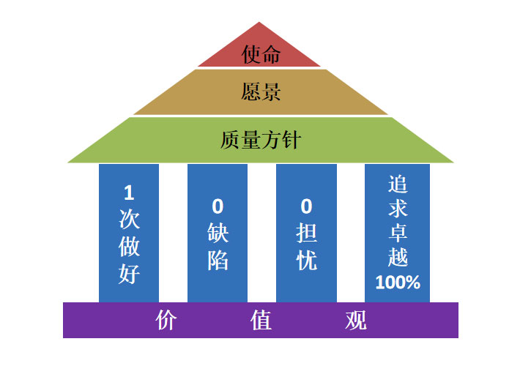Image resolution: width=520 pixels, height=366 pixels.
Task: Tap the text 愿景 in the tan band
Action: click(261, 91)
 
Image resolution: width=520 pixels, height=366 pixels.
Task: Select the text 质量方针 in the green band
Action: click(260, 139)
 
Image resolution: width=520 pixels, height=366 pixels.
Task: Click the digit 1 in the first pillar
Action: click(129, 193)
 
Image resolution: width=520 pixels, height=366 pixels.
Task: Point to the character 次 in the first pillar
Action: click(129, 220)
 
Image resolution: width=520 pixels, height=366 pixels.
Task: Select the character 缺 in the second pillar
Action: click(218, 234)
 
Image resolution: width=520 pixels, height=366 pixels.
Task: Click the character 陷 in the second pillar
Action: click(218, 260)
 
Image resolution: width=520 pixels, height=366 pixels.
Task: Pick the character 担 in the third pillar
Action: click(307, 234)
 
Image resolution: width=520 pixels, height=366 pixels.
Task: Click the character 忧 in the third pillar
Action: click(307, 260)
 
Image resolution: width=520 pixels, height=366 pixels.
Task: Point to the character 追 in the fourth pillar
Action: click(398, 183)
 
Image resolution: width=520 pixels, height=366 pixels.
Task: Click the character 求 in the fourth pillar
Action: click(398, 208)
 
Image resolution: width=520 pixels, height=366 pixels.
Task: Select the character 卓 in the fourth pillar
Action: click(398, 233)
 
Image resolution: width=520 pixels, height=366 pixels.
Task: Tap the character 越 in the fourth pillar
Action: click(398, 258)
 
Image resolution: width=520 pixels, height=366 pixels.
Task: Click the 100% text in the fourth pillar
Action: click(398, 282)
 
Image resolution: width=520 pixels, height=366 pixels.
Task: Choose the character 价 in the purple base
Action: click(167, 321)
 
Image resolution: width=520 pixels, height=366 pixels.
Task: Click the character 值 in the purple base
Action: click(261, 321)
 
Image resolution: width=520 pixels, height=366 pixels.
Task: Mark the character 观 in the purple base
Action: click(355, 321)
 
